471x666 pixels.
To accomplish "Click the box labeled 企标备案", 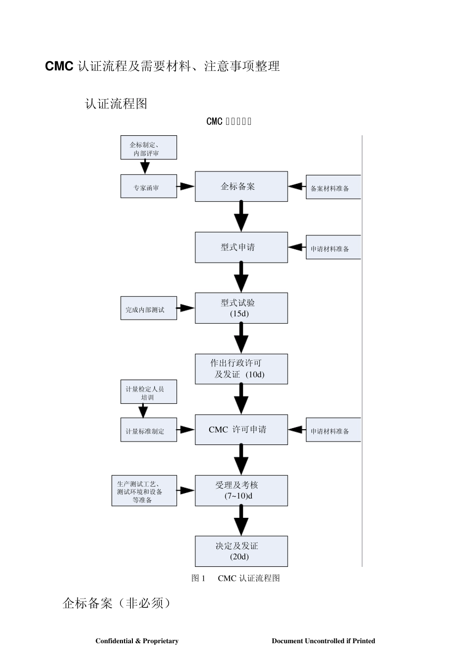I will coord(241,186).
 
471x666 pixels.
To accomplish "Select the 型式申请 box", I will coord(241,247).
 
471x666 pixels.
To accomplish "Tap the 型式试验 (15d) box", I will coord(241,308).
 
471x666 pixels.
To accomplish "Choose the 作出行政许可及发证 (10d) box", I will coord(241,369).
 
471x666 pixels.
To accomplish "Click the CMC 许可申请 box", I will coord(241,430).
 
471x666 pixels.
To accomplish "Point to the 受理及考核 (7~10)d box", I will coord(241,491).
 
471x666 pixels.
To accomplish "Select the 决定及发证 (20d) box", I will coord(241,551).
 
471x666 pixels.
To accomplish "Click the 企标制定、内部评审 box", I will coord(148,148).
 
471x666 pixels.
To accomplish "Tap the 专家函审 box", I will coord(148,186).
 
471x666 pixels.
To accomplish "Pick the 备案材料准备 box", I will coord(333,187).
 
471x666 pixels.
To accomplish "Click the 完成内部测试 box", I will coord(148,308).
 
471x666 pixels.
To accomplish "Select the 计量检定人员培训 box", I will coord(148,392).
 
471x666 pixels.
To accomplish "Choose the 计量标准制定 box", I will coord(148,430).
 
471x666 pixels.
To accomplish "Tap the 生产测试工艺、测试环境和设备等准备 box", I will coord(144,491).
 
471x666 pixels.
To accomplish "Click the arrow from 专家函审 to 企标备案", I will coord(186,186).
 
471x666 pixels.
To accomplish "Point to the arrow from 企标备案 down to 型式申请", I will coord(241,216).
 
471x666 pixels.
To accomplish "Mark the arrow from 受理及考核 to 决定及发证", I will coord(241,520).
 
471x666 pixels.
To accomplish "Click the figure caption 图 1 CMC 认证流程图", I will coord(235,578).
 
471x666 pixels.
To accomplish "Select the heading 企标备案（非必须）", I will coord(117,603).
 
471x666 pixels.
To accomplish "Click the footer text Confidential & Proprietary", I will coord(137,641).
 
